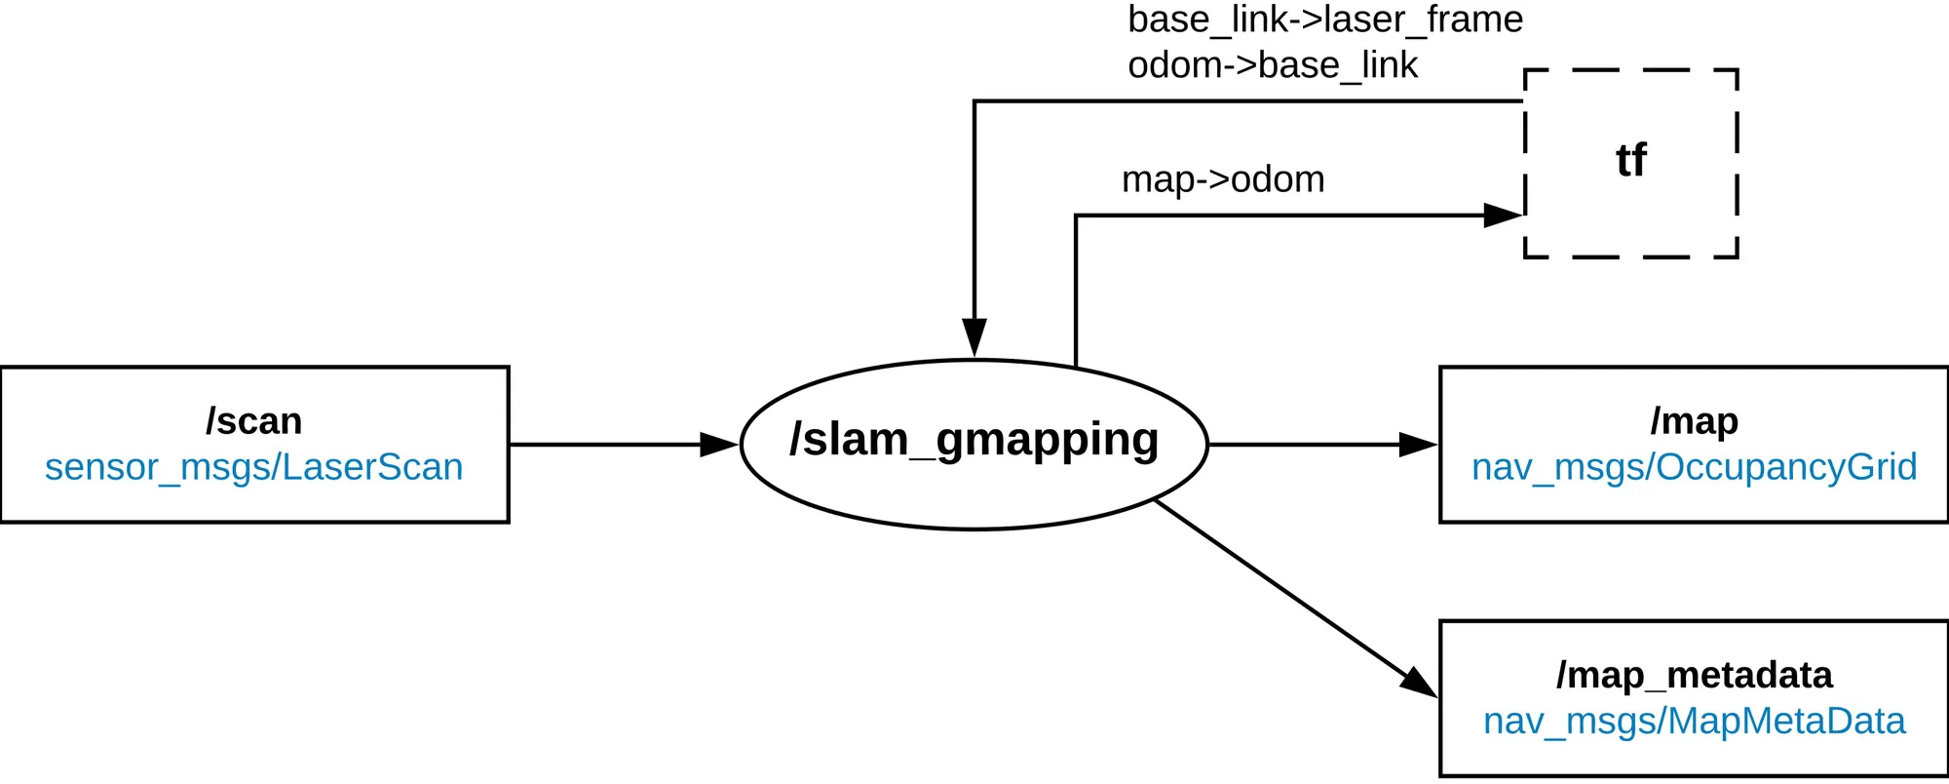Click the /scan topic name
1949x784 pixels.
click(253, 421)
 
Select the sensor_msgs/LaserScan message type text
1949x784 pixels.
click(253, 467)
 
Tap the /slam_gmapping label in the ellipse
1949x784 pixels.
click(974, 440)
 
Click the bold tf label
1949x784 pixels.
click(1630, 161)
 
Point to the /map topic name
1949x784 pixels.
click(1694, 421)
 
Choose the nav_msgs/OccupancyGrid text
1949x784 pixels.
click(1694, 467)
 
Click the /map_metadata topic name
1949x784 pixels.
click(1694, 675)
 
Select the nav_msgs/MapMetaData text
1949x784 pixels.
click(1694, 721)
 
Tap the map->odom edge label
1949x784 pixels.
click(1223, 179)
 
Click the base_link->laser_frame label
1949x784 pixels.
click(1325, 20)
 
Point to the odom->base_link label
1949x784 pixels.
click(1272, 65)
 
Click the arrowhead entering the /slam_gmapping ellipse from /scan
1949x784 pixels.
click(719, 445)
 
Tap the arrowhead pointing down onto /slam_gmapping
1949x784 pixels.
click(974, 337)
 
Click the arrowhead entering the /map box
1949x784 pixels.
click(1418, 445)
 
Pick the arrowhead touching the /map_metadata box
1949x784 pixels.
click(1419, 684)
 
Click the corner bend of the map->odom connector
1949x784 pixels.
click(1076, 216)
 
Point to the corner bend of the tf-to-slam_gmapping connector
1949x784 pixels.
click(974, 101)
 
